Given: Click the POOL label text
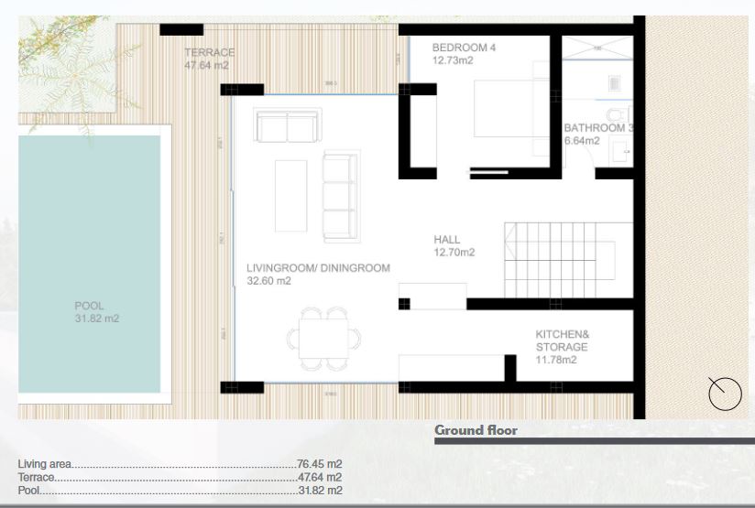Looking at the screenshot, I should coord(90,306).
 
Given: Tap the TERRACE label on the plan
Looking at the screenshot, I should coord(209,53).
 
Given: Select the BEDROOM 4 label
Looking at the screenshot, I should coord(464,48).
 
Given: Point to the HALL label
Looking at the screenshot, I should coord(447,240).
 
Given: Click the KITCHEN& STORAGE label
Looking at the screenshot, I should coord(562,340).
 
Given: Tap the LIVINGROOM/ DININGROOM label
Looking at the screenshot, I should coord(318,268).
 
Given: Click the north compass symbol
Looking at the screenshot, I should coord(725,394).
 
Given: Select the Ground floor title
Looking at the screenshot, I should coord(476,430).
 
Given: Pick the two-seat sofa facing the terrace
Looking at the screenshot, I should coord(288,126).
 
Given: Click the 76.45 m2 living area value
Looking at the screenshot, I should coord(319,464).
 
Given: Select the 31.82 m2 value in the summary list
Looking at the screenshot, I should coord(319,491).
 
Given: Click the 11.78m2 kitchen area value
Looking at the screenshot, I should coord(556,360).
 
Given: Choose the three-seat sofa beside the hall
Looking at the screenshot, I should coord(339,197).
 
